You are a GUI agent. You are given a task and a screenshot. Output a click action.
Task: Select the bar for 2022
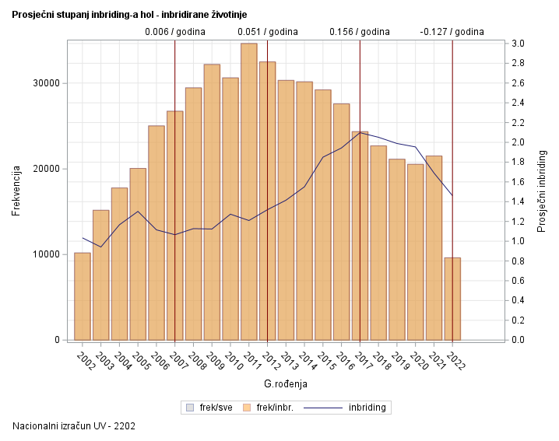tap(452, 299)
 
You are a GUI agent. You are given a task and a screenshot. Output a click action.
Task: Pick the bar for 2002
tap(82, 296)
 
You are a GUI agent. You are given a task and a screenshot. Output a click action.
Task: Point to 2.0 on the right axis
tap(518, 142)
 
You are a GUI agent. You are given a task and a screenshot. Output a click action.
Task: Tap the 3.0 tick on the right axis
tap(518, 44)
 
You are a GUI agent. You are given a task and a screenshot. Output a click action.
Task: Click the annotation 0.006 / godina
tap(174, 32)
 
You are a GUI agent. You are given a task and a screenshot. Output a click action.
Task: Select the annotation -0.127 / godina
tap(452, 32)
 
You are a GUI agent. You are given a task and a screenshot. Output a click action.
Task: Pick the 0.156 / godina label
tap(360, 32)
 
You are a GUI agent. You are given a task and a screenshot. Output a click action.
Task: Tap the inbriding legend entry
tap(367, 407)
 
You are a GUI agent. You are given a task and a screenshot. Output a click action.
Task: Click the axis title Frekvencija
tap(16, 191)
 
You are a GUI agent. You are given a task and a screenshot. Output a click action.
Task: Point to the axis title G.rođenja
tap(286, 383)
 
